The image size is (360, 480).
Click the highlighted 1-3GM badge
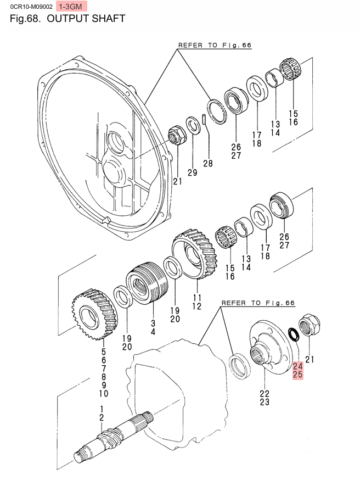point(72,7)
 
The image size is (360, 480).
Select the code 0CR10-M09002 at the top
point(27,7)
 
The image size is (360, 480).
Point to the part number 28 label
point(207,163)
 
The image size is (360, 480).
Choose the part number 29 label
point(192,173)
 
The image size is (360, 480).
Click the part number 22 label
point(265,393)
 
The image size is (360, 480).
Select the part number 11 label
point(196,298)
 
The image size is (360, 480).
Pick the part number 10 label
point(104,393)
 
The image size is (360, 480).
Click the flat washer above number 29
point(193,125)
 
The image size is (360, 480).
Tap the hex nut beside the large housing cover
point(176,135)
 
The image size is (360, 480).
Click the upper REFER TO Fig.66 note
point(215,46)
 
